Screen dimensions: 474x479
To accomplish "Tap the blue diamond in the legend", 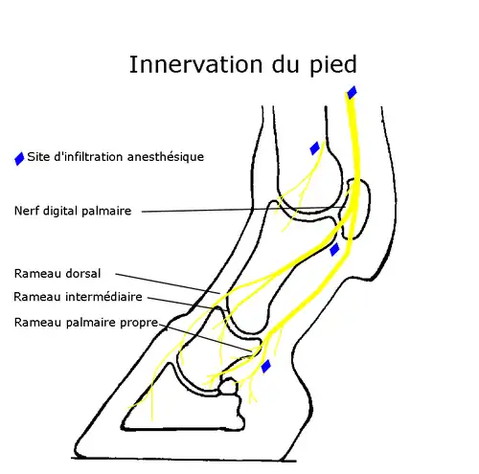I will click(x=19, y=158).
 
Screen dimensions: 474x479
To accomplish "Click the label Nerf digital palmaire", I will click(x=73, y=211).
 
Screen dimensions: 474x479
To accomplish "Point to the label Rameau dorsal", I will click(x=57, y=273).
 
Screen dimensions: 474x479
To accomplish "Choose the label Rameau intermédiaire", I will click(x=79, y=297).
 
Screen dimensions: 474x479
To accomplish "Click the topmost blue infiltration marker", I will click(x=352, y=92).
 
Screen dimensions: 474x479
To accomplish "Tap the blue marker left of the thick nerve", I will click(x=314, y=147).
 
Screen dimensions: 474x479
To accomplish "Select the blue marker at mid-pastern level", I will click(x=334, y=249).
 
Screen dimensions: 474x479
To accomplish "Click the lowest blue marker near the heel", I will click(x=266, y=366).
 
